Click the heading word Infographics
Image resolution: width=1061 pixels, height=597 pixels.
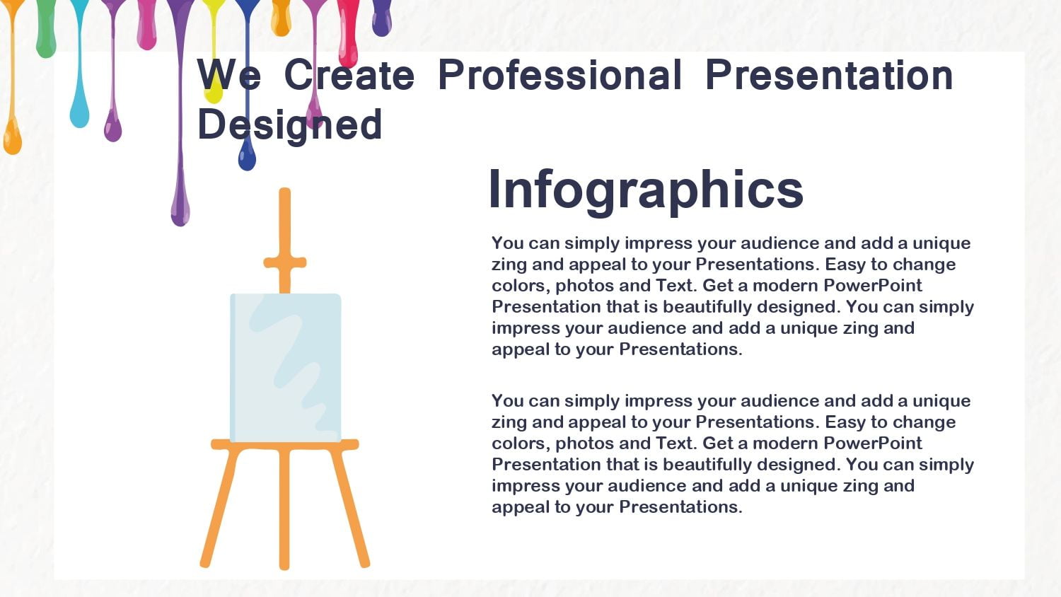pos(646,190)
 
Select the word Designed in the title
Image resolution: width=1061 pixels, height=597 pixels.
pos(289,125)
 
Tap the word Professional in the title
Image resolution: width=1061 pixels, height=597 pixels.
pos(560,75)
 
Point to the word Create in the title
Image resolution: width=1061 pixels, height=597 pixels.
pos(349,75)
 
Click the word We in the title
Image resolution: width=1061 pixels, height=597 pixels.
pos(228,75)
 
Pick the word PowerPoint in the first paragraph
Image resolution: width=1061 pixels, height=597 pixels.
pos(872,286)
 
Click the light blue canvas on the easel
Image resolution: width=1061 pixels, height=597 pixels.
pos(286,368)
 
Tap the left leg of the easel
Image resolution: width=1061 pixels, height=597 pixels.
pos(220,507)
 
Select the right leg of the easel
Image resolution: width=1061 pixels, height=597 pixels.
pos(349,507)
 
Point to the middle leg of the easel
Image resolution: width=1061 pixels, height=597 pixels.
pos(284,509)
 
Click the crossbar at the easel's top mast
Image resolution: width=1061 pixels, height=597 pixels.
pos(284,262)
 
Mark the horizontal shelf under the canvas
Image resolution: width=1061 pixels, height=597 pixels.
pos(284,444)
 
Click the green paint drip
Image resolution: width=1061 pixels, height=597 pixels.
pos(46,28)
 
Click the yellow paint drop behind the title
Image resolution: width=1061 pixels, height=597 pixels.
pos(214,93)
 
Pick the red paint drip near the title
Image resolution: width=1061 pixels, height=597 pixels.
pos(348,33)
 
